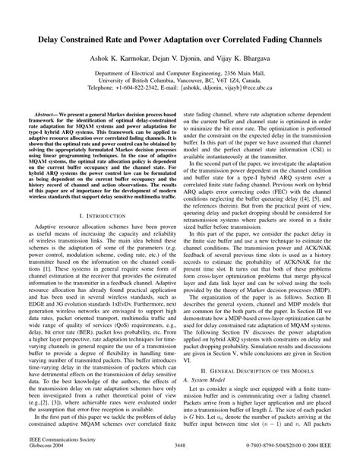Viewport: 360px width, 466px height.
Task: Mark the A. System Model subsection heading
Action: click(210, 366)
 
